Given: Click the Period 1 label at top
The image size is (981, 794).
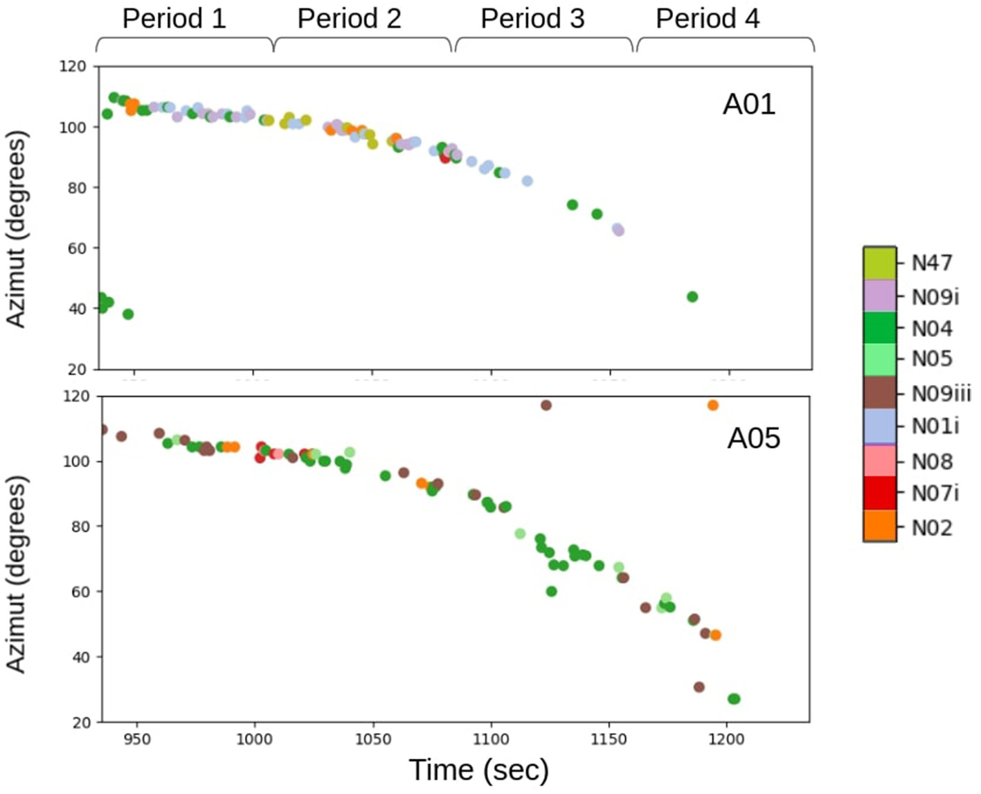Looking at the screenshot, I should [x=174, y=19].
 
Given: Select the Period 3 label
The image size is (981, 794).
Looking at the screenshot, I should [x=532, y=19].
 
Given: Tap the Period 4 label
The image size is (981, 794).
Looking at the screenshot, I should [x=708, y=19].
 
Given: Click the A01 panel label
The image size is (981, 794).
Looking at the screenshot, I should [x=748, y=104].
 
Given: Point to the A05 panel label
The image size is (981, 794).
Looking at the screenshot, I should [x=753, y=437].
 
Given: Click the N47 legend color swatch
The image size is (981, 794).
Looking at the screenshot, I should [x=879, y=263].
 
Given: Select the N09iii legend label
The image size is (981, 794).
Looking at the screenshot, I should [x=941, y=393].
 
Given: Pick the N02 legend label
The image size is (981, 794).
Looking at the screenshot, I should [x=931, y=527].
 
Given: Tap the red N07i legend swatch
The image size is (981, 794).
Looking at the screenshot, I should [x=879, y=493].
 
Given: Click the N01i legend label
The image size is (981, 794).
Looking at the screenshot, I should [x=935, y=426].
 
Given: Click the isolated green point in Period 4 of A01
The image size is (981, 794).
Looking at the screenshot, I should [x=692, y=297].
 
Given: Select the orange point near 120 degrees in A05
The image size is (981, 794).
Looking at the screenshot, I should [x=712, y=405].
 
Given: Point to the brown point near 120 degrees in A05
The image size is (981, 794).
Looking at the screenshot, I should [x=546, y=405].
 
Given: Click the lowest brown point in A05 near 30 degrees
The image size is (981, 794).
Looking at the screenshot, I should [x=699, y=687].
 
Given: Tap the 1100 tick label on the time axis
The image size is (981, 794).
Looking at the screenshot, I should [x=491, y=739].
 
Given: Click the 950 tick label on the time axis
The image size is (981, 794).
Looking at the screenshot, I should [x=137, y=739].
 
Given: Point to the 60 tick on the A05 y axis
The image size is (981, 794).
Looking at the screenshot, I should [x=82, y=592].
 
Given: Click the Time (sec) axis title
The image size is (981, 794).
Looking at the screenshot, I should [x=478, y=770].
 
